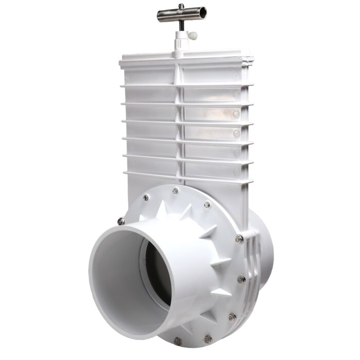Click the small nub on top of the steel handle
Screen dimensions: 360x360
(x=181, y=6)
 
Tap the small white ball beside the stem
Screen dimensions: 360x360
(x=193, y=36)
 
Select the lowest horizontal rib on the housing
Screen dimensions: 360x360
(x=188, y=176)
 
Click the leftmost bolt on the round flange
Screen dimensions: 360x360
(x=121, y=221)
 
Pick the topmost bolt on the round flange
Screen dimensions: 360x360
(x=175, y=191)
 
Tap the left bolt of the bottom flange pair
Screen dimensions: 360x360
(x=178, y=341)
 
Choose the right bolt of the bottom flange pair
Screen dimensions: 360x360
(x=208, y=339)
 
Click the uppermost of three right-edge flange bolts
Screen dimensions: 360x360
(x=239, y=239)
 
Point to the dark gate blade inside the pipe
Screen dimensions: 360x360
(x=154, y=273)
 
